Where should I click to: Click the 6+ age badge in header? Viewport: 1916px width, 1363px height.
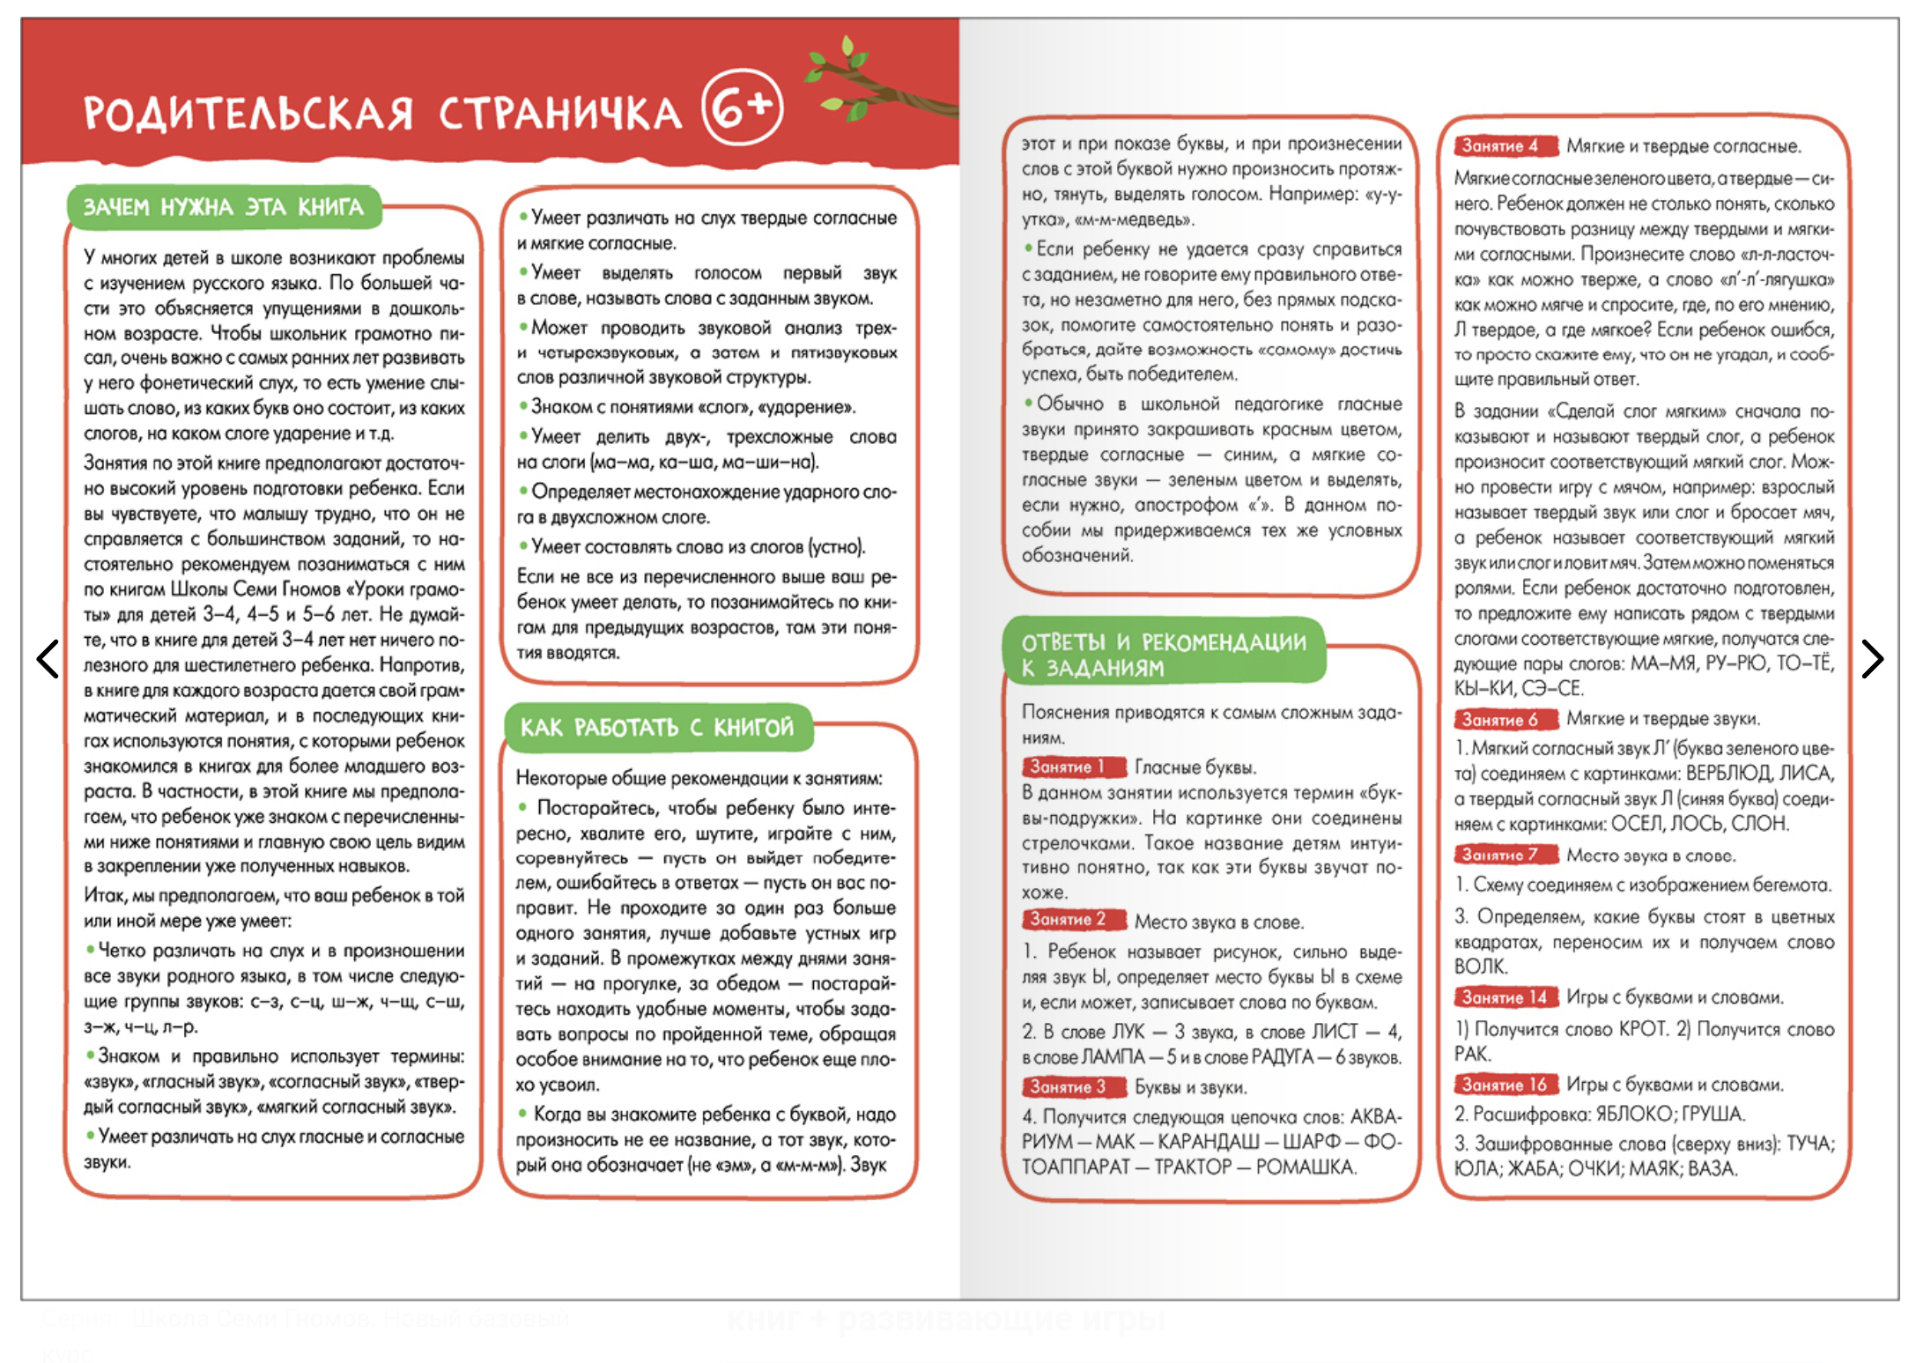tap(743, 107)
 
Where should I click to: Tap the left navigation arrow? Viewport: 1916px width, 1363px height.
tap(48, 659)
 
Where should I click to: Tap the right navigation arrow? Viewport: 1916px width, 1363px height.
tap(1872, 659)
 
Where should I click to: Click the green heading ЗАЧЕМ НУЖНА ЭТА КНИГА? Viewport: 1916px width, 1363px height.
tap(224, 207)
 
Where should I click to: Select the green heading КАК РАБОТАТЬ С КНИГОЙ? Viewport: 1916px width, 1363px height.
tap(657, 728)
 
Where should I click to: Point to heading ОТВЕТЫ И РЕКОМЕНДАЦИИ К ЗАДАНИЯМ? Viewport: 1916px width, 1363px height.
tap(1163, 654)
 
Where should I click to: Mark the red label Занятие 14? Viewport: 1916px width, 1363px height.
tap(1505, 996)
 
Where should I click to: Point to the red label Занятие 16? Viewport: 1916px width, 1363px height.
tap(1505, 1084)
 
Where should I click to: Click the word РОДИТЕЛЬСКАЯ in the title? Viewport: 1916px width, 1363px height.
tap(248, 115)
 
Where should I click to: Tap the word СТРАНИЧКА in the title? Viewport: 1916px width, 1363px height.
tap(560, 115)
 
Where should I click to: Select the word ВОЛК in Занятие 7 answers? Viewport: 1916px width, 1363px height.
tap(1480, 967)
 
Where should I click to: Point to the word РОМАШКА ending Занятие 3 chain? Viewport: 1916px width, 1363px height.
tap(1305, 1167)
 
